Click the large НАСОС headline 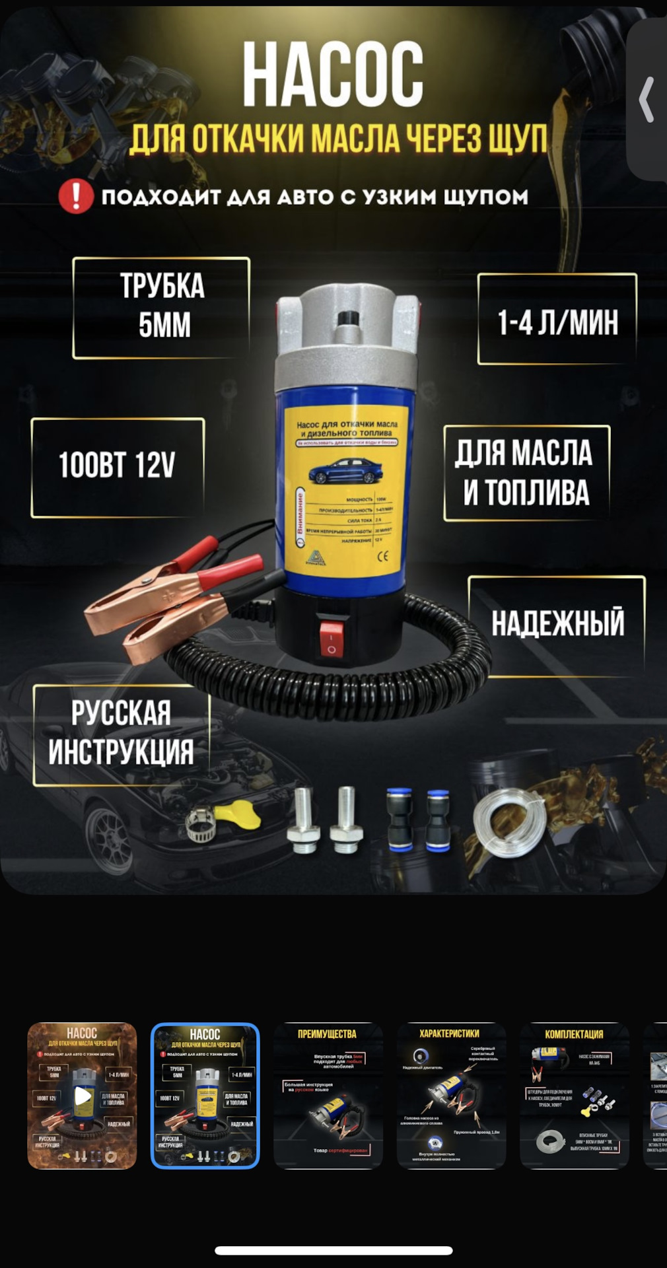click(x=332, y=74)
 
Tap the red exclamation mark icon click(x=76, y=196)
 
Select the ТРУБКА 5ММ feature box click(x=161, y=307)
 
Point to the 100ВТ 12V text click(x=117, y=465)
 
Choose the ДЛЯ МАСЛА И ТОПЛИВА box click(x=526, y=473)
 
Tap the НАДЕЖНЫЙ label click(x=557, y=623)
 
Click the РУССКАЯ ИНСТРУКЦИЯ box click(x=121, y=733)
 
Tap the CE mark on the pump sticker click(x=383, y=556)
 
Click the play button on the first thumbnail click(x=83, y=1096)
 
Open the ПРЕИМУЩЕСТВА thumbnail click(x=328, y=1096)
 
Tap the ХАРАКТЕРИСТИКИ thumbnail click(x=451, y=1096)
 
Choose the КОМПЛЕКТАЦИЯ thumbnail click(x=574, y=1096)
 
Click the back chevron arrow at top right click(x=647, y=99)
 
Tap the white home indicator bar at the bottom click(x=333, y=1250)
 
